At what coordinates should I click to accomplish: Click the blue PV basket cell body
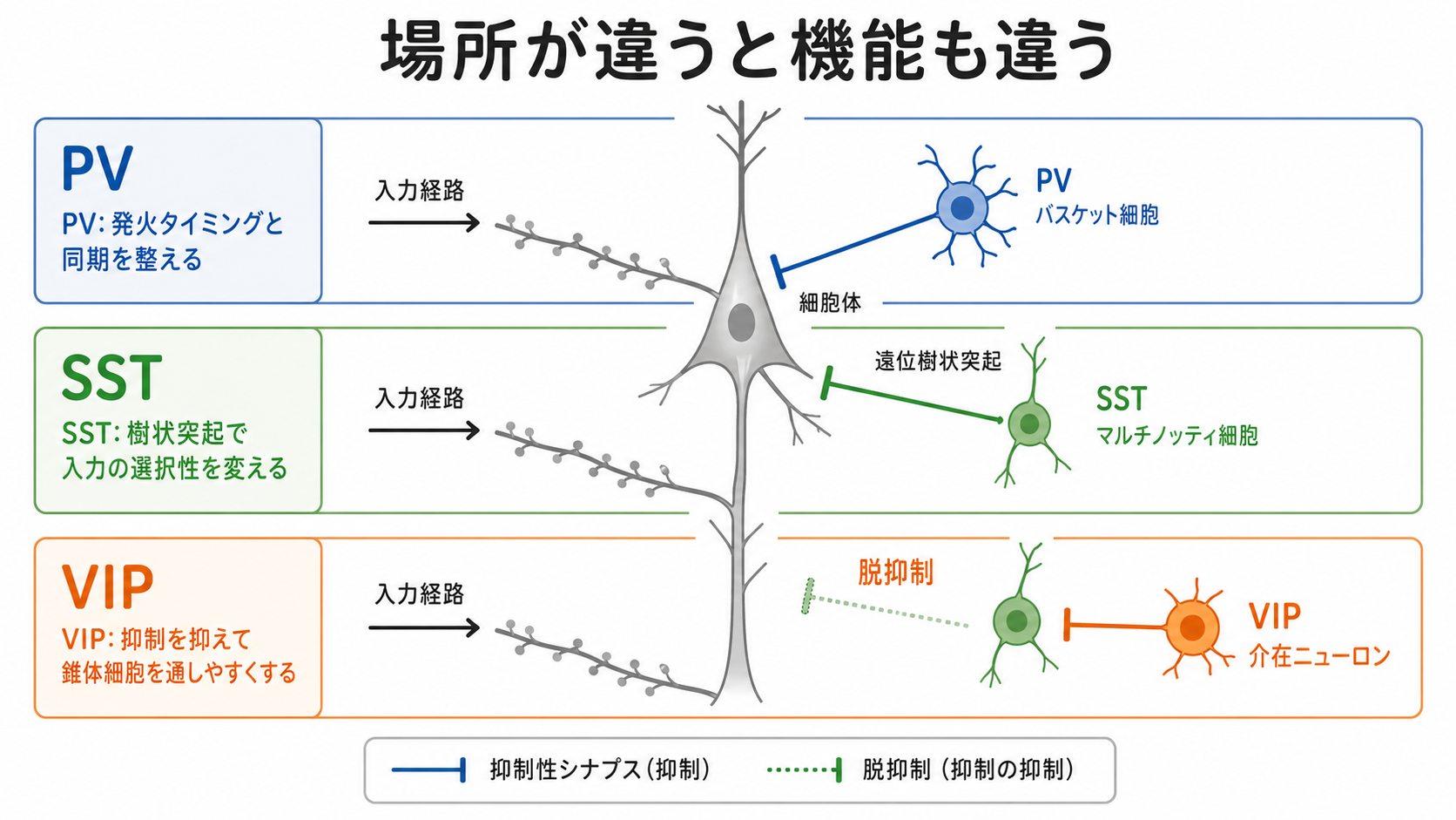962,209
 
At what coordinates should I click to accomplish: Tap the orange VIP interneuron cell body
1192,627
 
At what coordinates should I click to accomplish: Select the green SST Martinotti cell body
1029,424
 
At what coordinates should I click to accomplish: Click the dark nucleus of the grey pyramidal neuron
741,322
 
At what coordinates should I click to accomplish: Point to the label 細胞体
830,303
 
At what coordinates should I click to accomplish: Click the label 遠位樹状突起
938,361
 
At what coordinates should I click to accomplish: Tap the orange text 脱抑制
896,573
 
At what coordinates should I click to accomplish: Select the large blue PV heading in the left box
98,168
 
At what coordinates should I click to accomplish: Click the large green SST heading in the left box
111,377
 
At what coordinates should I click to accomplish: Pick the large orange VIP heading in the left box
107,586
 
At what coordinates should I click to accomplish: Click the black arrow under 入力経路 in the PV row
424,223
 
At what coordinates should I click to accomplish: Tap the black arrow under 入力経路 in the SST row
424,430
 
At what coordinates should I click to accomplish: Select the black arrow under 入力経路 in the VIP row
424,627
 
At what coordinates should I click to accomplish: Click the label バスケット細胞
1097,214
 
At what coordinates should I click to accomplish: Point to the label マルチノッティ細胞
1177,435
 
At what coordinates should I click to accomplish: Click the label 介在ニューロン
1319,657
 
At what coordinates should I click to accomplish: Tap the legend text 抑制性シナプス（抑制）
600,770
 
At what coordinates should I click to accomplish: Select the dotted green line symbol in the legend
805,770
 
